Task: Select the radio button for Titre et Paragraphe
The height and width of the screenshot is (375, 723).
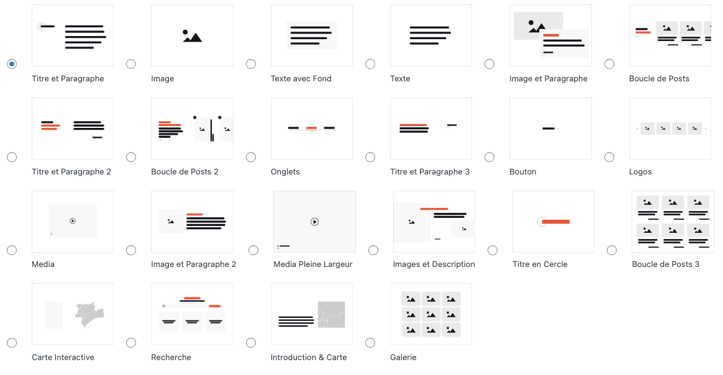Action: pyautogui.click(x=12, y=64)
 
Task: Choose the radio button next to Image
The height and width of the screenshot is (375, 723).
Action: pyautogui.click(x=131, y=64)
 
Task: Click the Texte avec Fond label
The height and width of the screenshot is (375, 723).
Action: pyautogui.click(x=301, y=79)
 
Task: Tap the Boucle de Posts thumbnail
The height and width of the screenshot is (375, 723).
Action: pyautogui.click(x=670, y=35)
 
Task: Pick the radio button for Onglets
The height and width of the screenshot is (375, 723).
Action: pyautogui.click(x=251, y=157)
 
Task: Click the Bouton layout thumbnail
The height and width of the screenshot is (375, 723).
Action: pyautogui.click(x=550, y=129)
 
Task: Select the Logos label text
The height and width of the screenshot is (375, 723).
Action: pyautogui.click(x=640, y=172)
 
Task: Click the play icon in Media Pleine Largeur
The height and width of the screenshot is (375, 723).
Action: pyautogui.click(x=314, y=222)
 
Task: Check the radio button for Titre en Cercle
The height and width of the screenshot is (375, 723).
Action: pyautogui.click(x=493, y=250)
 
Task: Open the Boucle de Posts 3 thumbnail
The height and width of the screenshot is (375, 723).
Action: pyautogui.click(x=673, y=222)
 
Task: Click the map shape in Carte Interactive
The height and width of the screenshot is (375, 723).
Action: pyautogui.click(x=90, y=315)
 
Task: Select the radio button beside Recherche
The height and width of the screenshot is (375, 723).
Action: pyautogui.click(x=131, y=343)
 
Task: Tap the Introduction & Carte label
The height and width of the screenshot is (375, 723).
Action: pyautogui.click(x=309, y=358)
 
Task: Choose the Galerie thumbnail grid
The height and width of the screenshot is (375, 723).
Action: pyautogui.click(x=431, y=314)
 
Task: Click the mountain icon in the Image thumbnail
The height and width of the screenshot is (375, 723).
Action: pyautogui.click(x=193, y=36)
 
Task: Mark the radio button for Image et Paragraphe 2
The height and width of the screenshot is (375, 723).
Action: pyautogui.click(x=131, y=250)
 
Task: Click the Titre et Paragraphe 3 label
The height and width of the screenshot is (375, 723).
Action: pyautogui.click(x=430, y=172)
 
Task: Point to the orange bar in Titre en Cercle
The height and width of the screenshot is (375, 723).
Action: pyautogui.click(x=556, y=222)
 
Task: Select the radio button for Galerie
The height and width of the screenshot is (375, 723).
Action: pyautogui.click(x=370, y=343)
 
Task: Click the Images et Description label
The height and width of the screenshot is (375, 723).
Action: pyautogui.click(x=434, y=264)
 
